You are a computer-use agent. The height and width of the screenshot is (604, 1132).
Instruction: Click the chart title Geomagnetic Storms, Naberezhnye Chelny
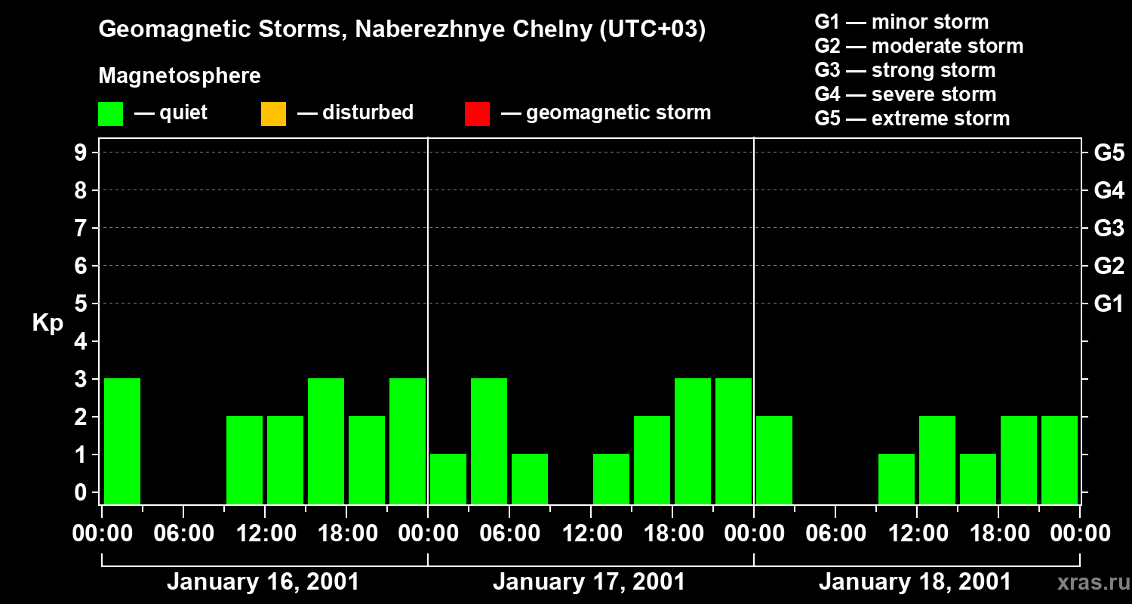401,29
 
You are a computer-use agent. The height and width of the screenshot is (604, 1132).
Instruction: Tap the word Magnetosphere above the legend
180,76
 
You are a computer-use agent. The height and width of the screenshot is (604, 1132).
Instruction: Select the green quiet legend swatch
110,114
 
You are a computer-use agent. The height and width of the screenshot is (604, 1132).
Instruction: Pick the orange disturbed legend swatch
273,114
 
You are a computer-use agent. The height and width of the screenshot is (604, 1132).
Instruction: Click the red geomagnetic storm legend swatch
477,114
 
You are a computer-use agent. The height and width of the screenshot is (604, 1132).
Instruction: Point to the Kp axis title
48,323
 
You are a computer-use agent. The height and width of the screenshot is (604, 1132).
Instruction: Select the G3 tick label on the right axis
1109,229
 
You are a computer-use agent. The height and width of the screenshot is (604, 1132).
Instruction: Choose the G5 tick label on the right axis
1109,153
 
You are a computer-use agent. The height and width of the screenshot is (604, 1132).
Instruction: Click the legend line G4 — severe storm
905,94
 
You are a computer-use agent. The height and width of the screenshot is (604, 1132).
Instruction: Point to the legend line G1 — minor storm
901,22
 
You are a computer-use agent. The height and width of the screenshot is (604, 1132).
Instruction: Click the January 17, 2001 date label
589,582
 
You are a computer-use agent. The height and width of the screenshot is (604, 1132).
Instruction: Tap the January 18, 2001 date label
915,582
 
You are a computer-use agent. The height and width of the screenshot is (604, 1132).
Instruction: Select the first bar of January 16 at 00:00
122,441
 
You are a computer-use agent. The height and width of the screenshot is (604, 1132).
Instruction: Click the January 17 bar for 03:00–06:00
489,441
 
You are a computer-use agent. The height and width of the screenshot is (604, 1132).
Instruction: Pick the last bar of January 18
1060,460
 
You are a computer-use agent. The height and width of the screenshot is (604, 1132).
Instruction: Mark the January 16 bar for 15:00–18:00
326,441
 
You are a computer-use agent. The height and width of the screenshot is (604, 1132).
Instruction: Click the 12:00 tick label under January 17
591,534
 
